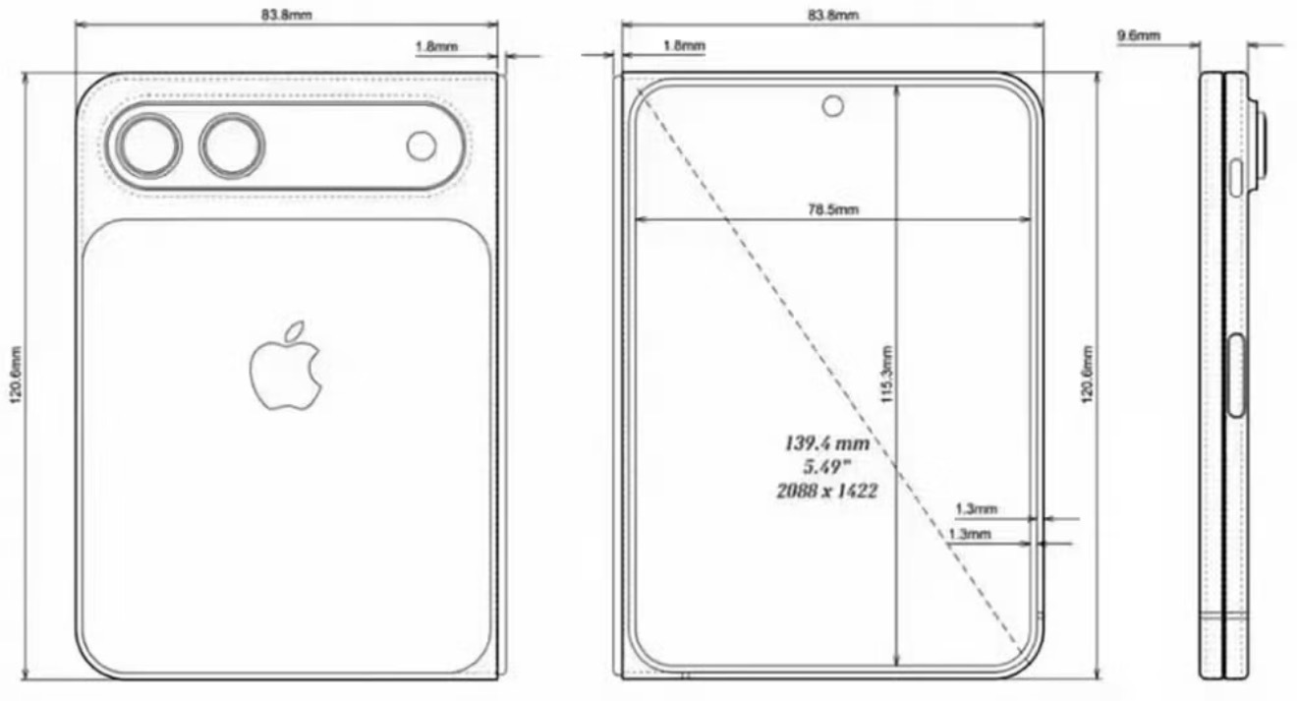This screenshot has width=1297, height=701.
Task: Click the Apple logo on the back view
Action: (286, 366)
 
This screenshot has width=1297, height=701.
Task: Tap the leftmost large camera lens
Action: (147, 146)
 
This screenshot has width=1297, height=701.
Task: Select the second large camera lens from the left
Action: (232, 146)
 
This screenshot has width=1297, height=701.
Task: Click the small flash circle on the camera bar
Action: (422, 146)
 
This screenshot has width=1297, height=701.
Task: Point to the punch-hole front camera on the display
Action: (833, 105)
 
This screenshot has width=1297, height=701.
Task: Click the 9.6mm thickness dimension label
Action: (1139, 36)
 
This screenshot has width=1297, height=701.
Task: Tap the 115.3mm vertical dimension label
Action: (886, 375)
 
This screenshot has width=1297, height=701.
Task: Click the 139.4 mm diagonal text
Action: (826, 443)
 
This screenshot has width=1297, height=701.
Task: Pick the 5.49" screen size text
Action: (825, 467)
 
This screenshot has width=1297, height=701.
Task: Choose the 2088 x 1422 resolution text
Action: (826, 491)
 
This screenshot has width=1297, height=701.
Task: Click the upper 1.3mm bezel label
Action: (976, 509)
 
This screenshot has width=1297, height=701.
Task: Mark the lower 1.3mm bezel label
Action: (969, 534)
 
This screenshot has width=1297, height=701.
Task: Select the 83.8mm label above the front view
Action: (832, 15)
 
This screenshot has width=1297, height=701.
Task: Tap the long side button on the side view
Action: (1236, 376)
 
